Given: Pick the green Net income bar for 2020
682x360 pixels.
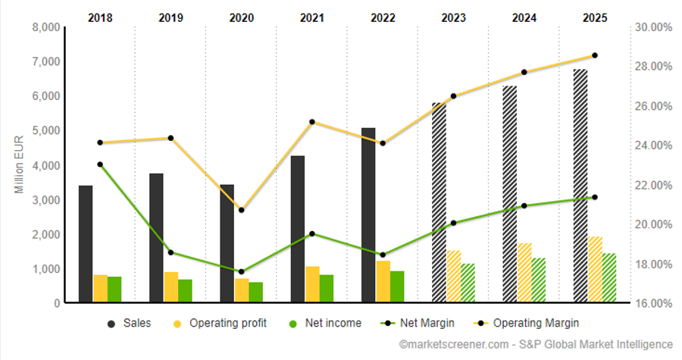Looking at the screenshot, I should click(256, 293).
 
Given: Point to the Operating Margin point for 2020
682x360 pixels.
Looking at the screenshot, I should click(241, 210).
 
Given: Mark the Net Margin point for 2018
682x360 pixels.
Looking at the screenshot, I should click(100, 164).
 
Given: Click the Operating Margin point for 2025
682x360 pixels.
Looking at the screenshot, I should click(595, 55).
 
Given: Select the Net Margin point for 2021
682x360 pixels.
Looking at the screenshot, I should click(312, 233).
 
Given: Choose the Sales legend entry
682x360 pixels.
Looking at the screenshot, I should click(129, 324).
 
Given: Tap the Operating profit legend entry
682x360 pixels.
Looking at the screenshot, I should click(220, 324).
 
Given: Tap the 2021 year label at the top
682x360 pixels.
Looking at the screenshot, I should click(312, 15).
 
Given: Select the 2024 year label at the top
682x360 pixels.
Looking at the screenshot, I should click(524, 15).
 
